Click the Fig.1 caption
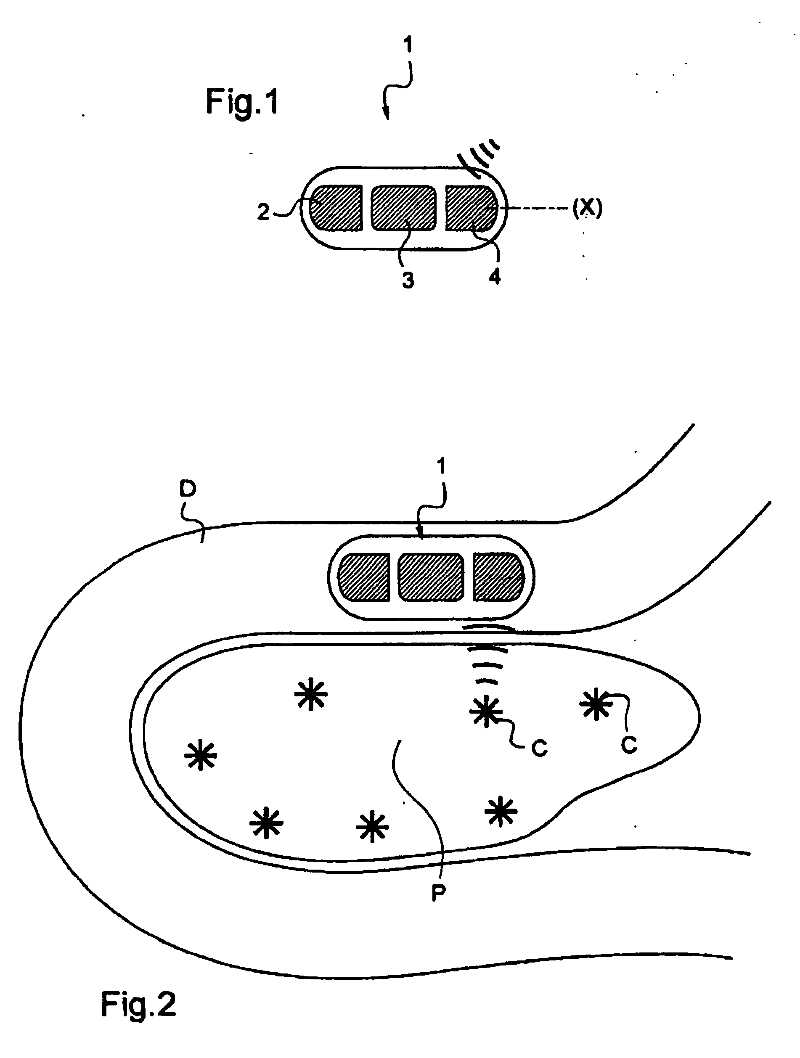[241, 102]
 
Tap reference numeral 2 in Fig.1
[263, 212]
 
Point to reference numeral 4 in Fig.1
[495, 276]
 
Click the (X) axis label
[588, 208]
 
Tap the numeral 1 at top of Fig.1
[408, 45]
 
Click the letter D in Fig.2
[188, 488]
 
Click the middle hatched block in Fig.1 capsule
[404, 208]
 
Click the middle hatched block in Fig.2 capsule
[431, 577]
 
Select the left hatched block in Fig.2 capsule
[364, 577]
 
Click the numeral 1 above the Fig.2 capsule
[441, 466]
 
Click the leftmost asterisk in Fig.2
[201, 755]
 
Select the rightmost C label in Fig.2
[629, 745]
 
